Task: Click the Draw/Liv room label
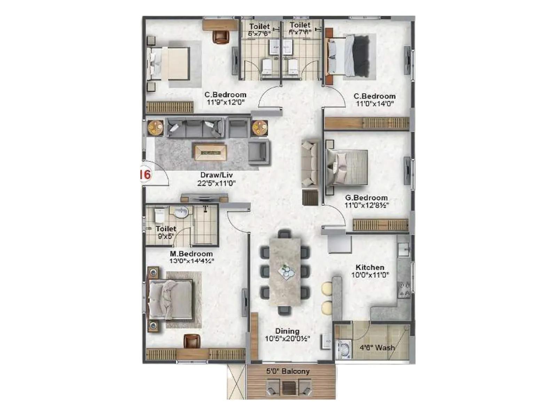click(216, 175)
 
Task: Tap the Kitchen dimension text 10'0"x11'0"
click(370, 275)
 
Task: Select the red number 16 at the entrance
click(145, 174)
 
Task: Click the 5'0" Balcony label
click(288, 371)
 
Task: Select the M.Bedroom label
click(191, 254)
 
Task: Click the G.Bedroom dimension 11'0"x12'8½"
click(367, 206)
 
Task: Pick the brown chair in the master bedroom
click(192, 341)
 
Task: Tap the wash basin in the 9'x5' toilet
click(181, 212)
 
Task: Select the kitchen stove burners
click(404, 289)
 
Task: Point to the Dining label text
click(287, 331)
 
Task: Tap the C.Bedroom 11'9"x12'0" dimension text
click(226, 102)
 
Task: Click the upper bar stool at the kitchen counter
click(327, 289)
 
